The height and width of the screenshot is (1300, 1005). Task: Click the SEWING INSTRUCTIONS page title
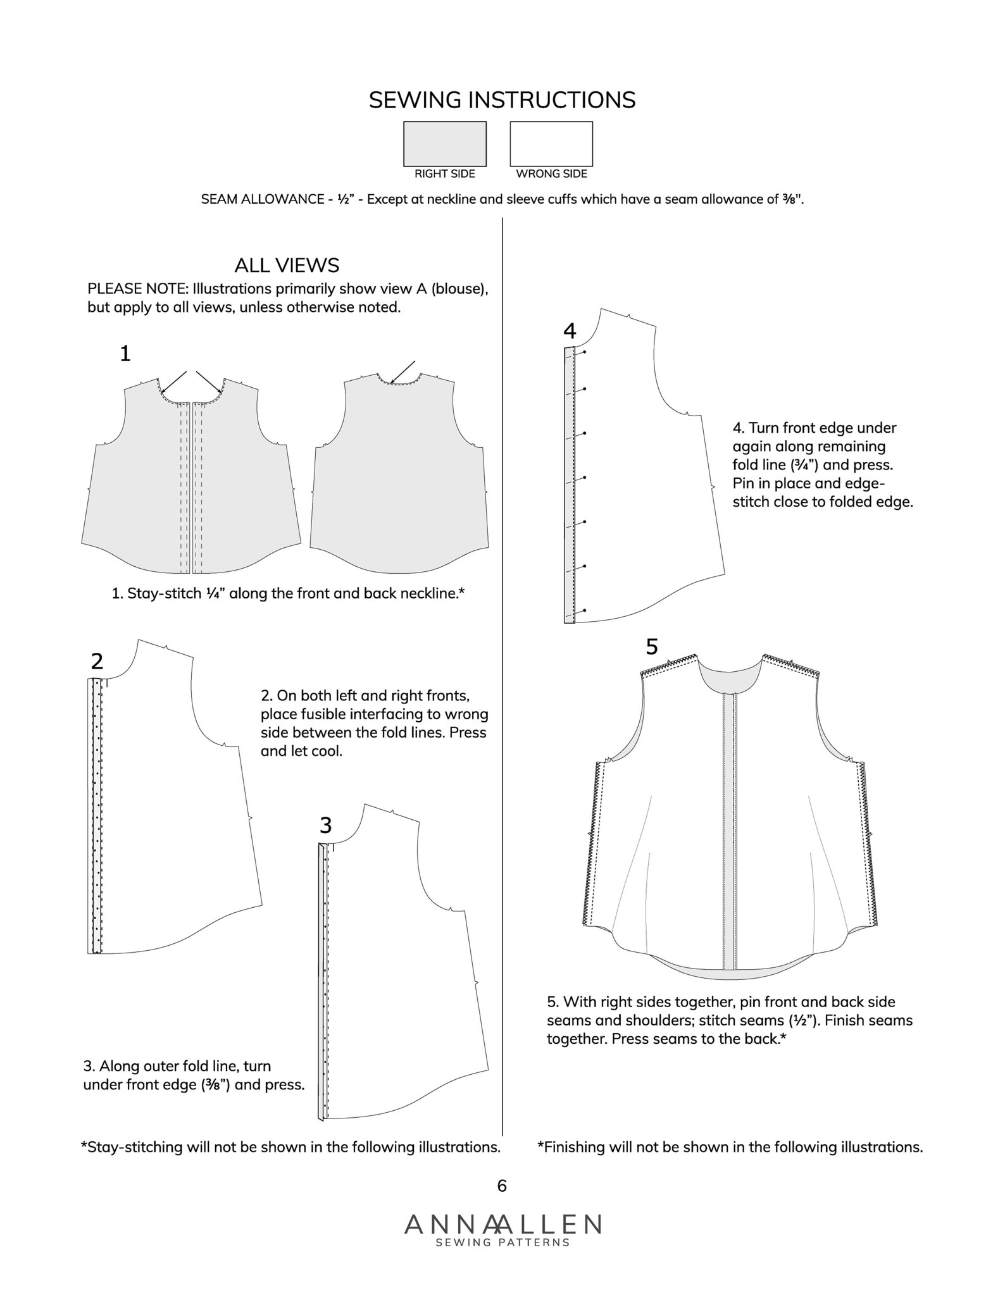point(502,100)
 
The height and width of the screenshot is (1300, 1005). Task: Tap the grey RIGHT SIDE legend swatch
point(445,144)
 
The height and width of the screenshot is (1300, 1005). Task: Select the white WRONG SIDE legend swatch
point(551,144)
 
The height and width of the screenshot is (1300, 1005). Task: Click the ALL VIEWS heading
point(287,264)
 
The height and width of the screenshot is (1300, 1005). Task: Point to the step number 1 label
point(125,354)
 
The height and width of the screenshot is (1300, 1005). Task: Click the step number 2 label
point(97,662)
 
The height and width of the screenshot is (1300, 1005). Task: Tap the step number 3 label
point(325,826)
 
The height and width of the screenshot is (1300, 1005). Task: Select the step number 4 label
point(570,331)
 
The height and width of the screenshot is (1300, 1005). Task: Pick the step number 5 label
point(652,647)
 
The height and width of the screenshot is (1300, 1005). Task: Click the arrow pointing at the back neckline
point(403,372)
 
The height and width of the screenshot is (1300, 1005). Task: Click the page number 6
point(502,1185)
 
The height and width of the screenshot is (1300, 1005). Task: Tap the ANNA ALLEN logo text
point(502,1224)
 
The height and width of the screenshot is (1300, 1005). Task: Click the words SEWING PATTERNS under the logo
point(502,1242)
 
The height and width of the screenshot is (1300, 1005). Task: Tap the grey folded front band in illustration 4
point(569,485)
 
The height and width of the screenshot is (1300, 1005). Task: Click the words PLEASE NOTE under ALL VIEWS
point(137,289)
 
